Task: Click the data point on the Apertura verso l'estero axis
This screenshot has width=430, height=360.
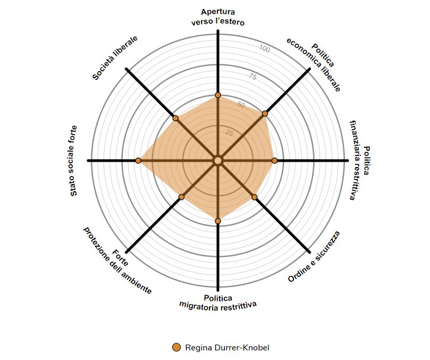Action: [217, 95]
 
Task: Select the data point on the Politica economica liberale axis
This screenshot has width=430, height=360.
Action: [265, 113]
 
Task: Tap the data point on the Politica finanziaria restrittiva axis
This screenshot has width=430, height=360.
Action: [275, 161]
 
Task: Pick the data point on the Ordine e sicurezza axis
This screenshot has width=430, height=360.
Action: [255, 197]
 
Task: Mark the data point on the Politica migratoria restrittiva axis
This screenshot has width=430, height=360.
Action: [217, 221]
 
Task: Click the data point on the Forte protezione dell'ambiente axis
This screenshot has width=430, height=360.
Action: [181, 197]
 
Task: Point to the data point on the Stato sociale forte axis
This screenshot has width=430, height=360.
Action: [138, 161]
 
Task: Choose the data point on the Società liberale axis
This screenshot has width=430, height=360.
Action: [175, 118]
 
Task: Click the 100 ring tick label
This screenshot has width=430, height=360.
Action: [264, 49]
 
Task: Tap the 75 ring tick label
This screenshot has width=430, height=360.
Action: [252, 77]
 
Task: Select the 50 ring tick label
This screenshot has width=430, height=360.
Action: [241, 105]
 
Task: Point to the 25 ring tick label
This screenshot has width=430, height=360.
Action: [229, 133]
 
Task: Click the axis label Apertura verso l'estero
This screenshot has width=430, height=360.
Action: [218, 17]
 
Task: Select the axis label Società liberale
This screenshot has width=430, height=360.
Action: [115, 58]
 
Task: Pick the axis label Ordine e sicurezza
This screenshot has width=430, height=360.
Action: [314, 257]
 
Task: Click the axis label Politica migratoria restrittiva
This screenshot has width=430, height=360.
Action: [218, 302]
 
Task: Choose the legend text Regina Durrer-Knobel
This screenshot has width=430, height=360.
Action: [227, 348]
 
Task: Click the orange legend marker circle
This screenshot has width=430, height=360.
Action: [176, 348]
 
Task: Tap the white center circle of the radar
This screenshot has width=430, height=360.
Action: [217, 161]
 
